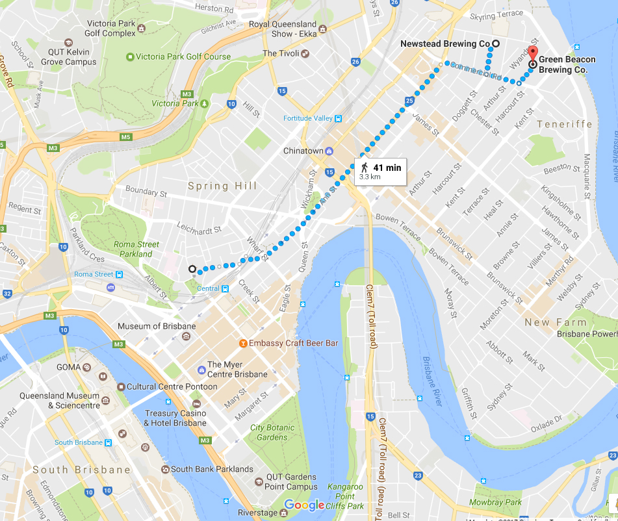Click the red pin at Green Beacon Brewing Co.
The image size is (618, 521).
click(533, 55)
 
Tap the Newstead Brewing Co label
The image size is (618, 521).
click(444, 44)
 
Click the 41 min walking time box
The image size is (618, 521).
click(381, 171)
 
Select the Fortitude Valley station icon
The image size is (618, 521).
click(338, 118)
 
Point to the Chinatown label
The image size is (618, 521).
click(303, 151)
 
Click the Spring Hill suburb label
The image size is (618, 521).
click(222, 186)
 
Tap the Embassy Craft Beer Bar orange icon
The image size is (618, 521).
click(243, 343)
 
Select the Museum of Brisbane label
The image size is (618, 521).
click(156, 326)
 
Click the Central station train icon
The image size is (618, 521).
click(225, 288)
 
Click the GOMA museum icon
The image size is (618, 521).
click(87, 367)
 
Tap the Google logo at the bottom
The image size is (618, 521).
click(303, 505)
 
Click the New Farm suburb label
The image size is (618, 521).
click(556, 322)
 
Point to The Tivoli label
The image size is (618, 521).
click(279, 53)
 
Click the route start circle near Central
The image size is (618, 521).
click(192, 269)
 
